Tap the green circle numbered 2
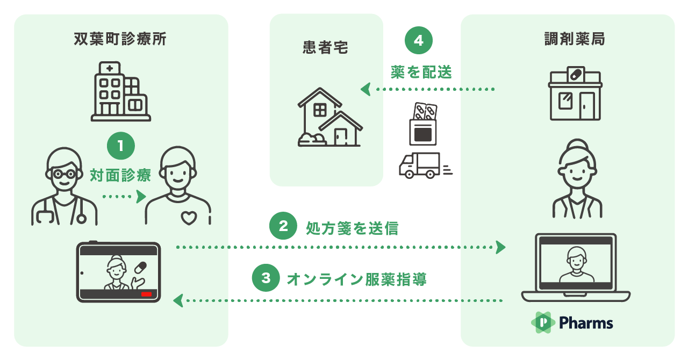(x=283, y=227)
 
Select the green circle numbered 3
(x=266, y=278)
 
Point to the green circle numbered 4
(x=419, y=41)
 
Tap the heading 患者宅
(x=326, y=48)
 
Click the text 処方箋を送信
(x=352, y=228)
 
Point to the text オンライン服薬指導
(x=357, y=279)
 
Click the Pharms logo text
(x=586, y=322)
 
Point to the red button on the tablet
(x=146, y=294)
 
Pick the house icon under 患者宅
(x=328, y=118)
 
